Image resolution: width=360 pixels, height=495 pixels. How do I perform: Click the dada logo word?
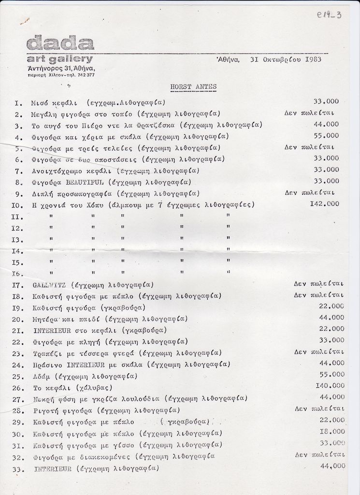[x=60, y=44]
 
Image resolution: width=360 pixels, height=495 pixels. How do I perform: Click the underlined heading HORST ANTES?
[x=193, y=87]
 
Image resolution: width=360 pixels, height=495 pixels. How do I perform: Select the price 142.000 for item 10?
[x=324, y=204]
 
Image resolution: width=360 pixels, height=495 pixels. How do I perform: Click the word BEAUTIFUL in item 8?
[x=85, y=182]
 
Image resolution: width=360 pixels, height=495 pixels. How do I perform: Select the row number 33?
[x=17, y=469]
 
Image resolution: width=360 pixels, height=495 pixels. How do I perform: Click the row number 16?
[x=17, y=274]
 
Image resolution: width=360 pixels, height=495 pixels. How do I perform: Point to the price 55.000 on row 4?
[x=326, y=135]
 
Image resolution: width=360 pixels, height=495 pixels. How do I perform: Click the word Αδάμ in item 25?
[x=42, y=376]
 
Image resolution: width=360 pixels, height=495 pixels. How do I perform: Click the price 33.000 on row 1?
[x=326, y=101]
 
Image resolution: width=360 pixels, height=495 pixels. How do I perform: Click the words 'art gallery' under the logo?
[x=60, y=59]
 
